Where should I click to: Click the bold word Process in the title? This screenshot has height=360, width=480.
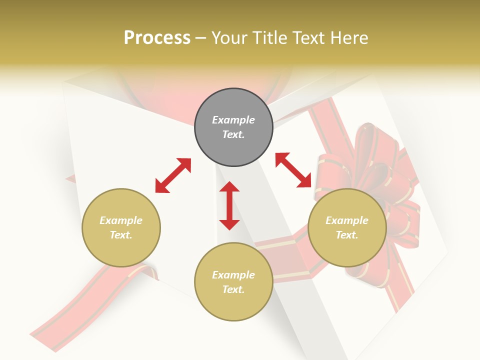pos(157,38)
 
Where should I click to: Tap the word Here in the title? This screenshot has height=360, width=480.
pos(350,38)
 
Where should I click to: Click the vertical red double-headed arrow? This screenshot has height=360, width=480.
pos(229,205)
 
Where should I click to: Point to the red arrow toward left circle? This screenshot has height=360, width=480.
pos(173,175)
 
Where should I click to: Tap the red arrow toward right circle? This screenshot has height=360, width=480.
pos(293,170)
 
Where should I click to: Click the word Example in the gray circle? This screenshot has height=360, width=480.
pos(233,120)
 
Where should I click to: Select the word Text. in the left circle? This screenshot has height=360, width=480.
pos(121,235)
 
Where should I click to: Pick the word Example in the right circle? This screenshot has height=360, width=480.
pos(347,220)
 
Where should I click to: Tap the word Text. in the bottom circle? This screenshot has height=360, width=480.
pos(233,289)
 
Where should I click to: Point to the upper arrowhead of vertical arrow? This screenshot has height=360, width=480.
pos(229,186)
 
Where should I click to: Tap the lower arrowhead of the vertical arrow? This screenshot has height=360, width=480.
pos(229,224)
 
